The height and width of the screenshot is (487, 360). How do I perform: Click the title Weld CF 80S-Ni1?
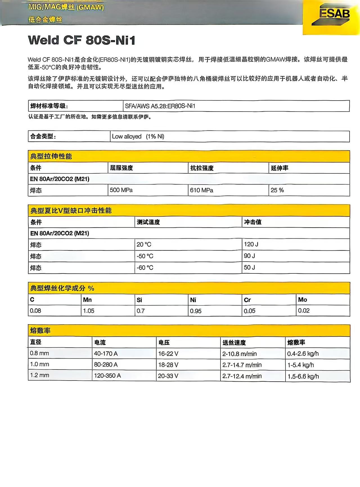click(82, 40)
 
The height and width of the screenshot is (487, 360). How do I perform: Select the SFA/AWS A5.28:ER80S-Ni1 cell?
click(160, 106)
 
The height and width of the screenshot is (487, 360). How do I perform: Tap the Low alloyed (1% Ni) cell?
click(138, 137)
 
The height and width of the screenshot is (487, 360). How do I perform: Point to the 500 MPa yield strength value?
click(121, 190)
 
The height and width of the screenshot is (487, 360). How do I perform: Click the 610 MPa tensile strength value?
click(201, 190)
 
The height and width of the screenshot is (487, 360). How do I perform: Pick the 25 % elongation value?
click(277, 190)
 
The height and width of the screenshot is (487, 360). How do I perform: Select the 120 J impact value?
click(251, 244)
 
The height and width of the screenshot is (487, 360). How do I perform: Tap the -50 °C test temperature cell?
click(145, 256)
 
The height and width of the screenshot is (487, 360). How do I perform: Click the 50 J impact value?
click(249, 268)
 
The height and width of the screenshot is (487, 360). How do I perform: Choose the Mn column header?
click(87, 300)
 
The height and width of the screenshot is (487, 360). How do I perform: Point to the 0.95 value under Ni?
click(196, 311)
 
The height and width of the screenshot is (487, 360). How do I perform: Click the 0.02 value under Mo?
click(304, 311)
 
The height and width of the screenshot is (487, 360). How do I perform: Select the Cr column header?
click(247, 300)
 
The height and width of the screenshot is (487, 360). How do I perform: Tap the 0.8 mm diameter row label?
click(40, 353)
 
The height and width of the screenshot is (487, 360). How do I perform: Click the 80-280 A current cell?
click(106, 365)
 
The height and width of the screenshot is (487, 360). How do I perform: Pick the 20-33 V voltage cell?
click(168, 376)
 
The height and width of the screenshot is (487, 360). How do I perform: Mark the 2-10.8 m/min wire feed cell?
click(239, 354)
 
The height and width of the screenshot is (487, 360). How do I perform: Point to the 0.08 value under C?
click(35, 311)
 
